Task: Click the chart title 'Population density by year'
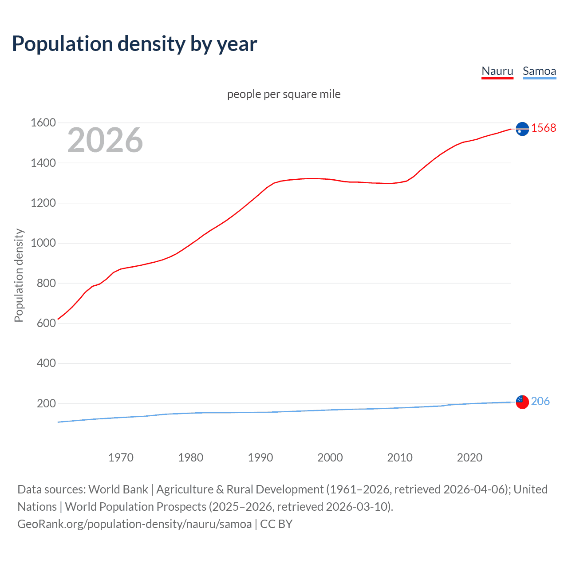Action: pos(134,44)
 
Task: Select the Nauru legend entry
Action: pos(497,71)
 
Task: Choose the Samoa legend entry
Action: pos(539,71)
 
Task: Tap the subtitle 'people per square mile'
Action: pos(284,94)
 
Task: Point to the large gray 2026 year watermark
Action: pos(105,140)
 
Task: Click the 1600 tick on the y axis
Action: pos(43,123)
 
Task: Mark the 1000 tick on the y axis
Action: pos(43,243)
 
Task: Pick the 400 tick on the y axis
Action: pos(46,363)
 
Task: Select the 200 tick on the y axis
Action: pos(46,403)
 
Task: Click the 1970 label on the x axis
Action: pos(121,458)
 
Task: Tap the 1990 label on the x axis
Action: pos(260,458)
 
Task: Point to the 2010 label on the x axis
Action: pos(400,458)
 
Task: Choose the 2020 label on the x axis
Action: pos(469,458)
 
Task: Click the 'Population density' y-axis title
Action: pos(19,275)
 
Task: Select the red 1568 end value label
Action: pos(544,128)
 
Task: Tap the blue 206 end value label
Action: pos(540,401)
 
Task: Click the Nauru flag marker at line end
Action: pos(522,129)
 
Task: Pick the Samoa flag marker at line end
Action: pos(522,402)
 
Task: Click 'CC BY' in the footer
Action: pos(276,524)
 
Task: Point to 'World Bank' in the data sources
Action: pos(118,489)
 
